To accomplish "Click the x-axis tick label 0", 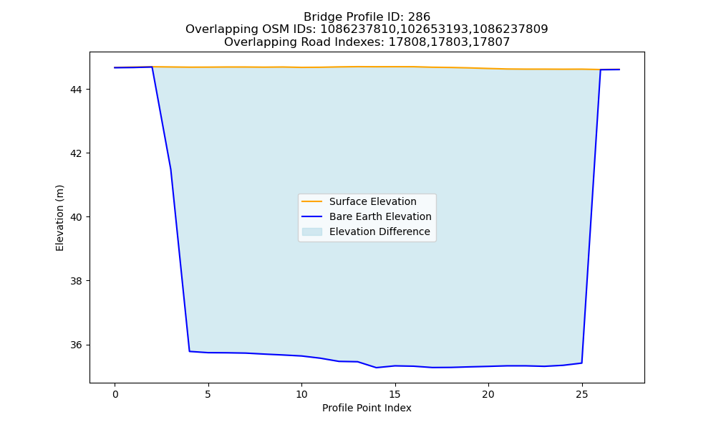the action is point(115,394).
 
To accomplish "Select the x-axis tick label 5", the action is point(208,394).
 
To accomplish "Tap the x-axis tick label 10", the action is point(302,394).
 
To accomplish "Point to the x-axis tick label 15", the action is point(395,394).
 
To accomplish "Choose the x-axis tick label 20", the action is point(488,394).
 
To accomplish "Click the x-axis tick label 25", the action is point(581,394).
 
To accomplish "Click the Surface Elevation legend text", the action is point(372,201).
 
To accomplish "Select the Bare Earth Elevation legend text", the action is point(380,216).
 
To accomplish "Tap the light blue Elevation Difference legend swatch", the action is point(312,231).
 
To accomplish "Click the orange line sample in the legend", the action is point(312,201).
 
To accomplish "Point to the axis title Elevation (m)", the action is point(59,218).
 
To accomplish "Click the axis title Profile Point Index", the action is point(367,408).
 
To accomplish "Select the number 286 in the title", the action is point(419,17).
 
